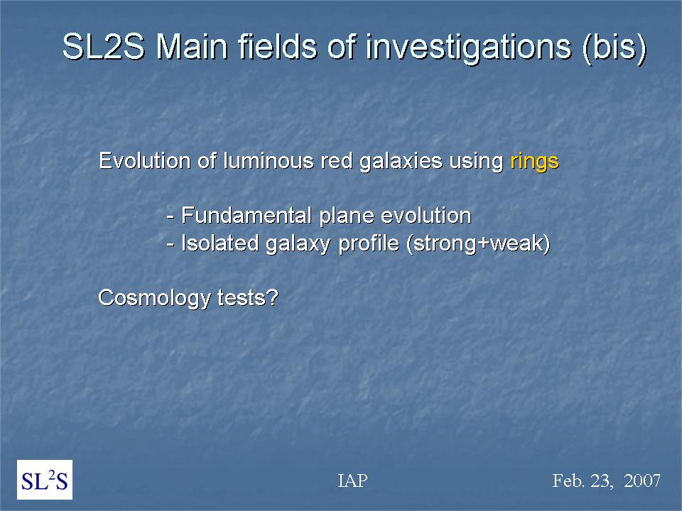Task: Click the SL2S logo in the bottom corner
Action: (x=45, y=480)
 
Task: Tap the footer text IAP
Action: (x=353, y=480)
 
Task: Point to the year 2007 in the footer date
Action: (x=642, y=480)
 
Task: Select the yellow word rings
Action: (x=534, y=161)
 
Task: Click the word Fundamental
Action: (x=247, y=216)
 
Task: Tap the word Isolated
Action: (x=220, y=243)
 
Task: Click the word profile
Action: (x=369, y=243)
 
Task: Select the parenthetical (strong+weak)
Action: (x=478, y=243)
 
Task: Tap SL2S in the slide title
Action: (x=104, y=47)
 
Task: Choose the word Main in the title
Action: (x=192, y=47)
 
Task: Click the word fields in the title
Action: (x=278, y=47)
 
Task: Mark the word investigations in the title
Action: (x=468, y=48)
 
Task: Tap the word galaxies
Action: (x=401, y=162)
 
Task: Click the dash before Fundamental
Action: (x=170, y=217)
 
